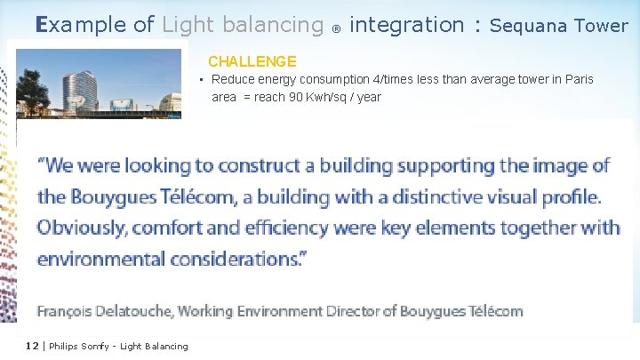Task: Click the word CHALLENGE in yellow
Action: click(252, 61)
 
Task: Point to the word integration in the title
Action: click(407, 25)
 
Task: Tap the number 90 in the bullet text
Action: click(294, 97)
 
